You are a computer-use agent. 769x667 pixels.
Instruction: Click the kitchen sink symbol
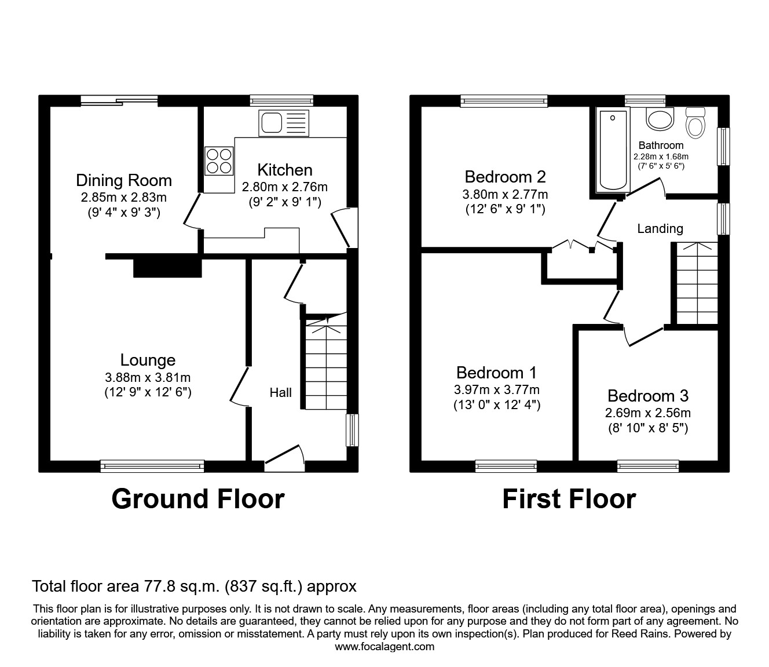tap(284, 123)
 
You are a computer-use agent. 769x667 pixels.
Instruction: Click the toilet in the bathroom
tap(694, 122)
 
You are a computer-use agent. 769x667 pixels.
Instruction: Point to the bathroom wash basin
tap(660, 119)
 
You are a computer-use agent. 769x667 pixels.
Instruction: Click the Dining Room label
tap(124, 180)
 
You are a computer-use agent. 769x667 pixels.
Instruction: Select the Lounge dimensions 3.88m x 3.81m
tap(148, 377)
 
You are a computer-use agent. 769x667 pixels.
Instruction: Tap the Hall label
tap(280, 393)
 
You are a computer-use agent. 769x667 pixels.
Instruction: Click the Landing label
tap(660, 229)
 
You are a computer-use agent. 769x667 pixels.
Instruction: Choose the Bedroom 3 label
tap(647, 396)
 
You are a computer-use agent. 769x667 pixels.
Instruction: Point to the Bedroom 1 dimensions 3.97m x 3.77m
tap(496, 390)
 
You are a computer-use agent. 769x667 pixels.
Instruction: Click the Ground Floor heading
tap(197, 499)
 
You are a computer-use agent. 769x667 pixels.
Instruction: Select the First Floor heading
tap(569, 499)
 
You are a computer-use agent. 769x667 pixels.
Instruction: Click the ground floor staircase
tap(325, 365)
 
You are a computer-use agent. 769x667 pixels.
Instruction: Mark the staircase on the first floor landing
tap(697, 283)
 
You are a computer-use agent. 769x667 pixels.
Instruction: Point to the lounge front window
tap(152, 465)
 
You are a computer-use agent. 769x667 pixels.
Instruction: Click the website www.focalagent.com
tap(384, 647)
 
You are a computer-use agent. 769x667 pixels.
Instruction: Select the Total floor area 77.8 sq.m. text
tap(194, 586)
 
